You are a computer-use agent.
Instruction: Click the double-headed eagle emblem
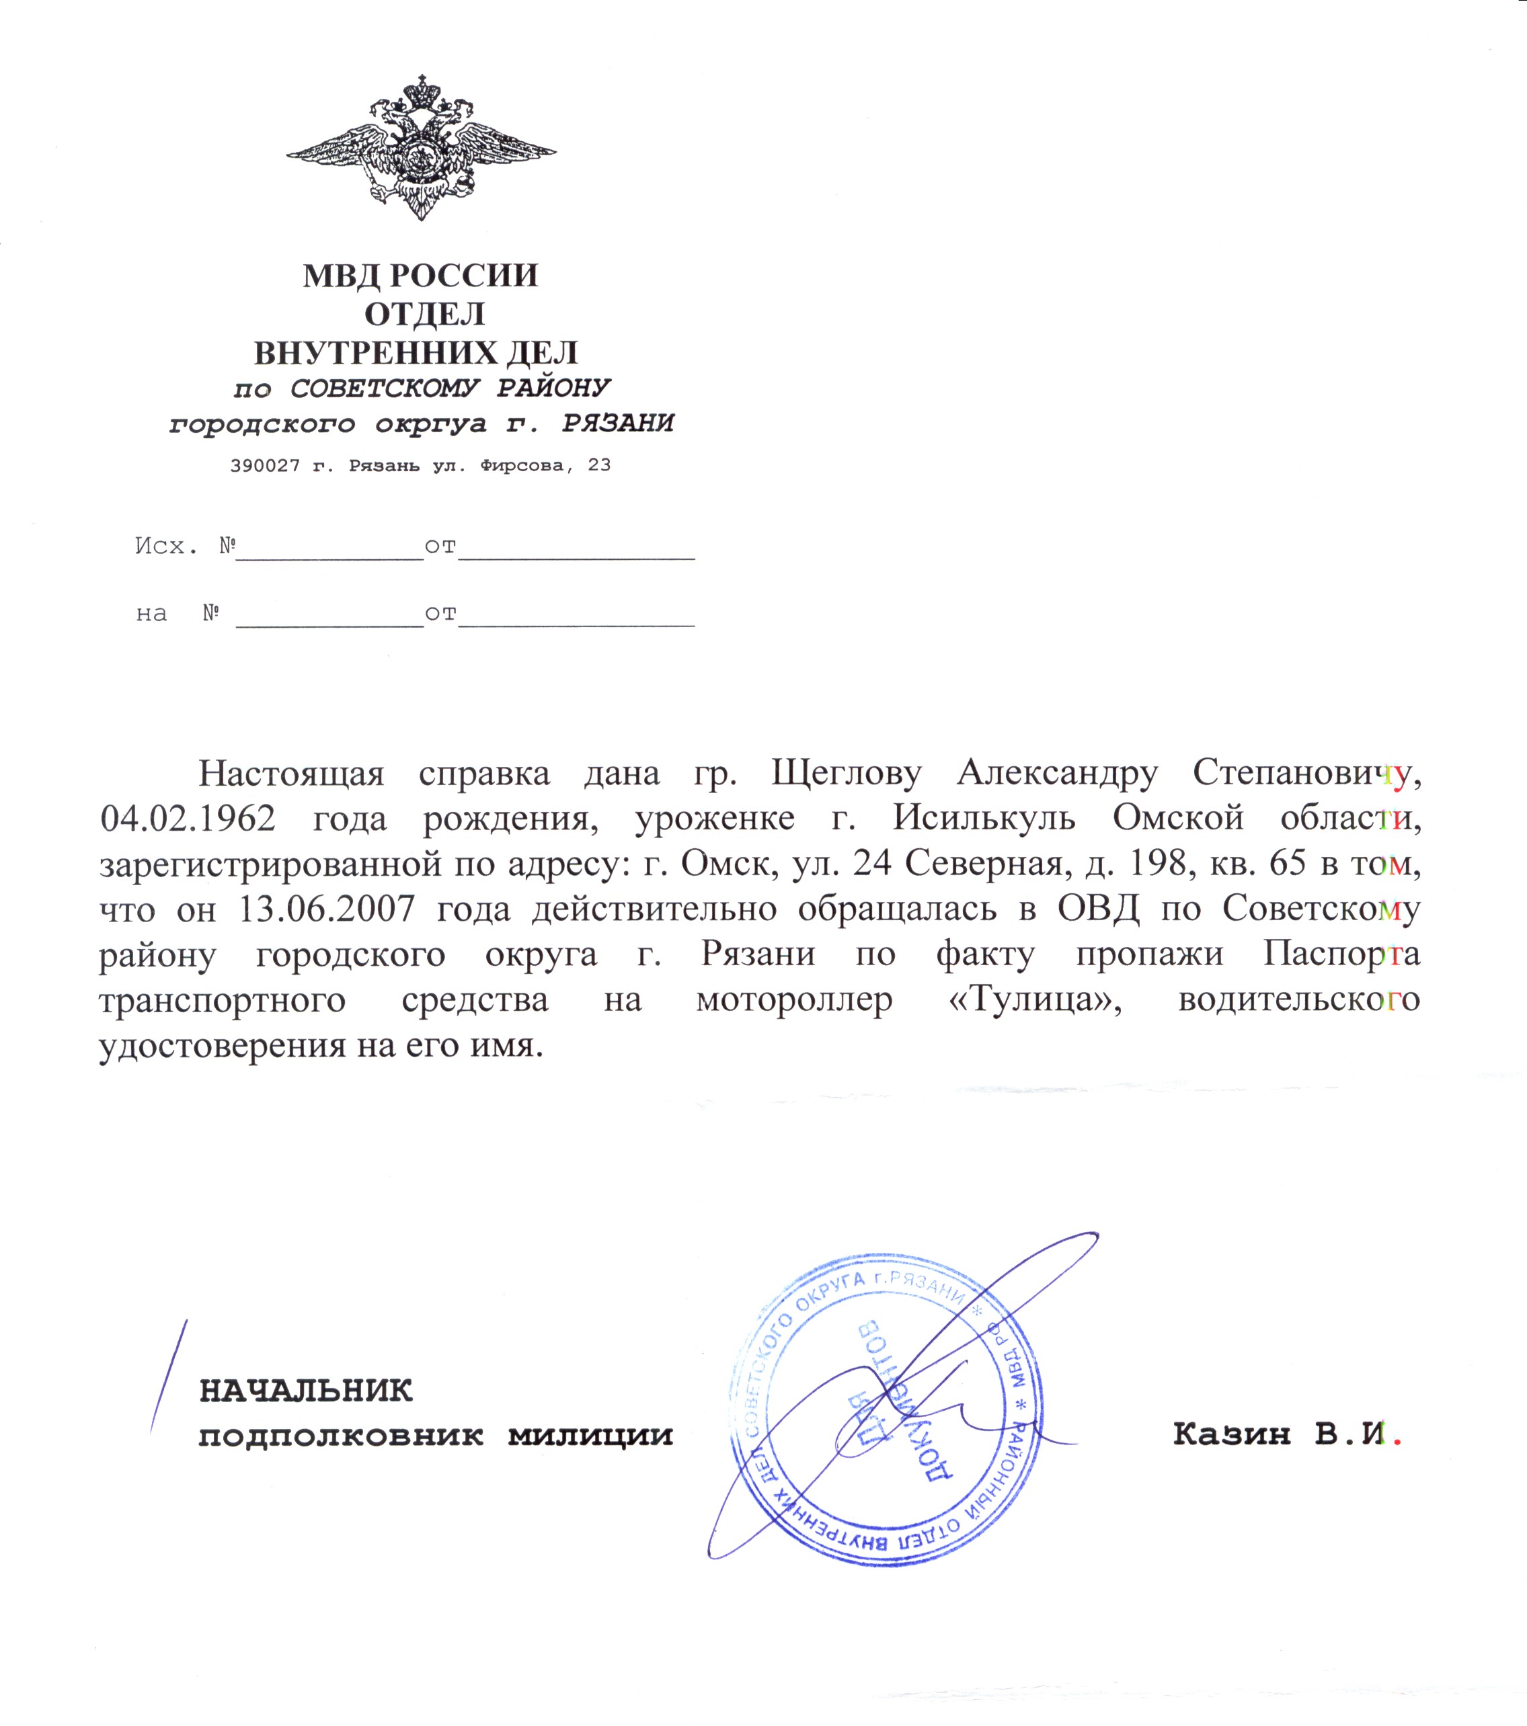(421, 148)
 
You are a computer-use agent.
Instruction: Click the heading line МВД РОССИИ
(421, 276)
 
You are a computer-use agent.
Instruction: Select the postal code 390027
(264, 465)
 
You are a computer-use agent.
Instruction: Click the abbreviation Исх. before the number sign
(165, 546)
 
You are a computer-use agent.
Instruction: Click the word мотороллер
(794, 1001)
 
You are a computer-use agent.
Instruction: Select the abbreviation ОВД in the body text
(1098, 909)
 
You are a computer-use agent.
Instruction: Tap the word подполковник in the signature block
(341, 1436)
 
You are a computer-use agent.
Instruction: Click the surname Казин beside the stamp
(1231, 1434)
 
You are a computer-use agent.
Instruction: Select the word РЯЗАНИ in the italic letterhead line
(618, 423)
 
